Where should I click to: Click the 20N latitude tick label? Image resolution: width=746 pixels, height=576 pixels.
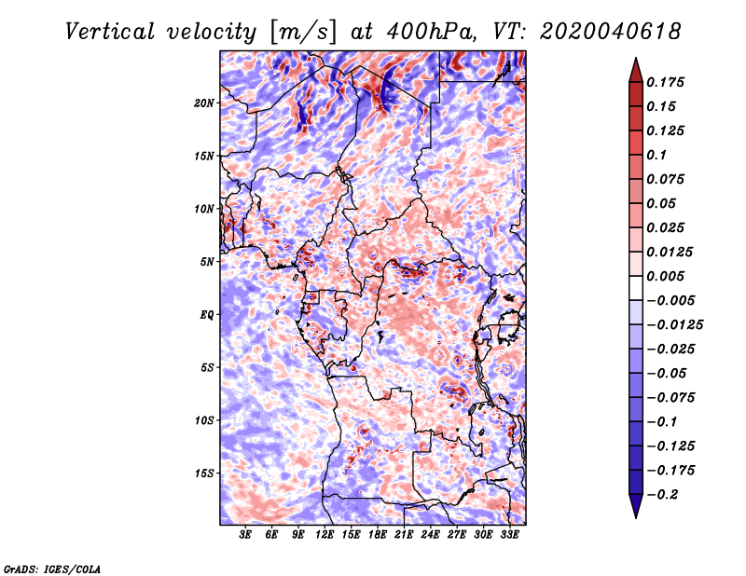pyautogui.click(x=204, y=103)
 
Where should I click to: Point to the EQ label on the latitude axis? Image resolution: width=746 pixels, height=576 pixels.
pyautogui.click(x=207, y=315)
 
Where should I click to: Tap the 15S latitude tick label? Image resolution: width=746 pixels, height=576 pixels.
pyautogui.click(x=204, y=473)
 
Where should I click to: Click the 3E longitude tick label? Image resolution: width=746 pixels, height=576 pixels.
pyautogui.click(x=246, y=536)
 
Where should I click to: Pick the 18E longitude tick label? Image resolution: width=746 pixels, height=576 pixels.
pyautogui.click(x=378, y=536)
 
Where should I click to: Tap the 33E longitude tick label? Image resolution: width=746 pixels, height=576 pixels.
pyautogui.click(x=508, y=536)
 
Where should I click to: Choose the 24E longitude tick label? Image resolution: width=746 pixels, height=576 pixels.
pyautogui.click(x=430, y=536)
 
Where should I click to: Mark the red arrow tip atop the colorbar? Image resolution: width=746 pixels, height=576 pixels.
pyautogui.click(x=634, y=62)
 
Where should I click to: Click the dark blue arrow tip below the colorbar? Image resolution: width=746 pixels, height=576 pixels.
pyautogui.click(x=634, y=514)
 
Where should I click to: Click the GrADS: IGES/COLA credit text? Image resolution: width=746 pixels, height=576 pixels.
pyautogui.click(x=52, y=568)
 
